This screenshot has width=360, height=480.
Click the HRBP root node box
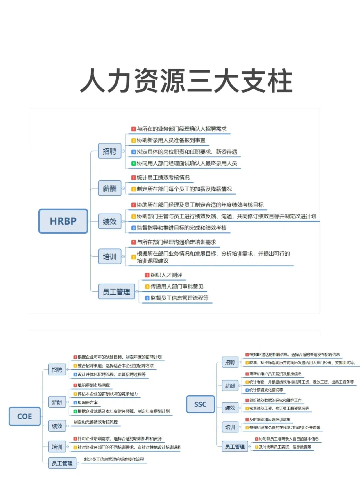pyautogui.click(x=63, y=221)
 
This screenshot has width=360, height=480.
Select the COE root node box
pyautogui.click(x=24, y=416)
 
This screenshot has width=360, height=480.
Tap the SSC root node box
pyautogui.click(x=200, y=404)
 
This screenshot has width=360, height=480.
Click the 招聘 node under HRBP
pyautogui.click(x=109, y=151)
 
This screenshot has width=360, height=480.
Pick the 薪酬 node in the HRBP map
pyautogui.click(x=109, y=188)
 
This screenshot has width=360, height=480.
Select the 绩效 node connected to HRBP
pyautogui.click(x=109, y=221)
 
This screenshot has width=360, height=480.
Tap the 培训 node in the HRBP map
pyautogui.click(x=109, y=257)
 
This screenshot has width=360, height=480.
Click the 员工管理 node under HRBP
pyautogui.click(x=116, y=292)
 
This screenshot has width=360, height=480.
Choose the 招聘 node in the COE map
pyautogui.click(x=57, y=370)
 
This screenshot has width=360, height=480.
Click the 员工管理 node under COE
pyautogui.click(x=62, y=463)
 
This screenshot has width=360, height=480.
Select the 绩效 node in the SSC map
pyautogui.click(x=230, y=408)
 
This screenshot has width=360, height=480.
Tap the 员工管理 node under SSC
pyautogui.click(x=235, y=446)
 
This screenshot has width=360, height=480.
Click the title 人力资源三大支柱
pyautogui.click(x=186, y=81)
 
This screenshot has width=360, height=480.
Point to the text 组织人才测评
pyautogui.click(x=166, y=275)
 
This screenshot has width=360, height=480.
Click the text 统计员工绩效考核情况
pyautogui.click(x=163, y=177)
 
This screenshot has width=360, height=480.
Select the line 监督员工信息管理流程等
pyautogui.click(x=179, y=298)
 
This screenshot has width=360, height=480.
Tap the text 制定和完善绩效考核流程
pyautogui.click(x=96, y=422)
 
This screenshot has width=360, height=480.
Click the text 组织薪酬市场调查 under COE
pyautogui.click(x=94, y=385)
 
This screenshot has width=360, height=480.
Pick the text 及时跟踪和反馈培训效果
pyautogui.click(x=270, y=419)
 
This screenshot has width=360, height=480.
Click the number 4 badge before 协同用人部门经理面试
pyautogui.click(x=133, y=163)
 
